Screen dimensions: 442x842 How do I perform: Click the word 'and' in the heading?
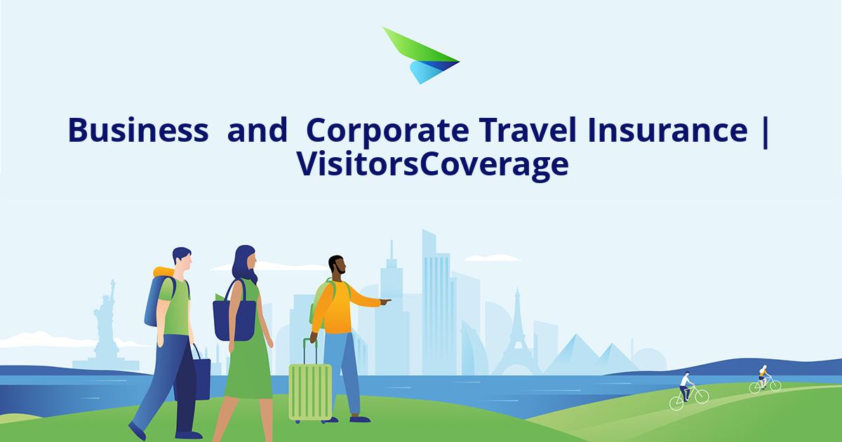pos(258,130)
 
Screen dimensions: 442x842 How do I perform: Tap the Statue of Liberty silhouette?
pos(107,316)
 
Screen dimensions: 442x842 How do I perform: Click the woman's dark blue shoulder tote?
pos(234,319)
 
